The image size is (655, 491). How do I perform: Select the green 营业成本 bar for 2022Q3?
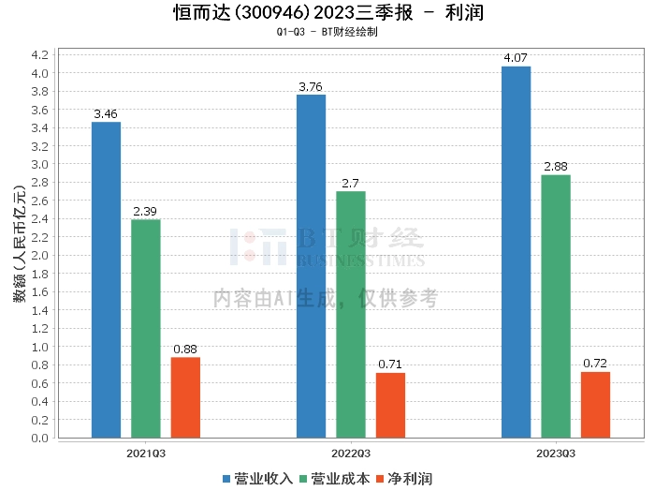click(x=351, y=314)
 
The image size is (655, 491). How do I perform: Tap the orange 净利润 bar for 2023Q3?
click(x=595, y=405)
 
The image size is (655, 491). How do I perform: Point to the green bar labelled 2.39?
click(x=146, y=328)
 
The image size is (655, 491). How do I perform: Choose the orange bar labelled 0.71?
click(x=390, y=405)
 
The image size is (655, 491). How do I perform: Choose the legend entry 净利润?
click(x=404, y=479)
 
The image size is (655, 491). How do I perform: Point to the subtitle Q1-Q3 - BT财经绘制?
click(x=327, y=32)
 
